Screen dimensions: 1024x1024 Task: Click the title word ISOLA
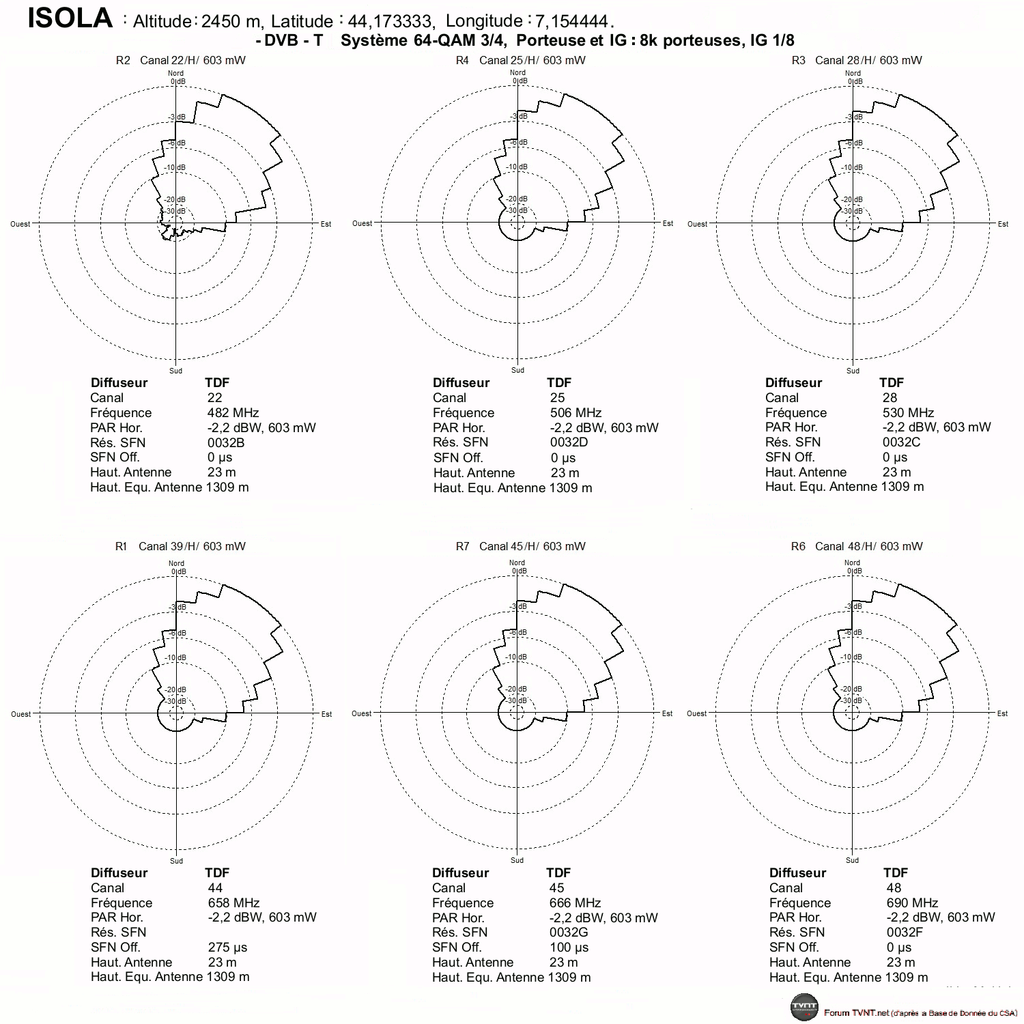pos(70,18)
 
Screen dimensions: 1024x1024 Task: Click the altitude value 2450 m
pos(231,21)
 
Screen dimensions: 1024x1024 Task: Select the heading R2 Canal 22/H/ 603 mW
pos(181,60)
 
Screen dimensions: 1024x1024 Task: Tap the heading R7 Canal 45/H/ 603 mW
pos(520,546)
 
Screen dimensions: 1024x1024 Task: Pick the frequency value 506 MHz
pos(575,413)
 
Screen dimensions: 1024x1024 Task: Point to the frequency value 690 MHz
pos(912,903)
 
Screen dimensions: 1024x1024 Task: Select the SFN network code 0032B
pos(226,442)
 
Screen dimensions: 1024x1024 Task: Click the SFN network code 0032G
pos(569,933)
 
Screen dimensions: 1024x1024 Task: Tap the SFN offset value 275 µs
pos(228,948)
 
